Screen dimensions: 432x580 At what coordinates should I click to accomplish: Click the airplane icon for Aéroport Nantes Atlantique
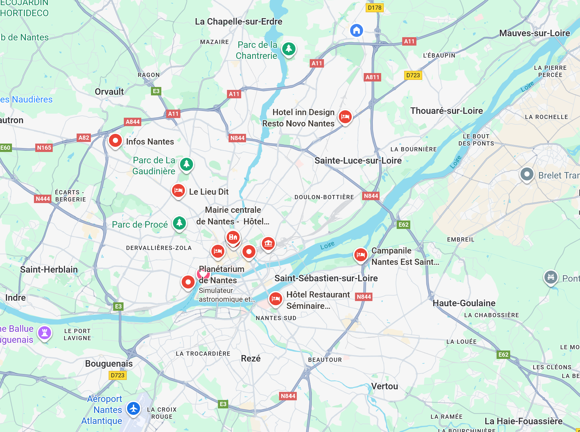coord(133,408)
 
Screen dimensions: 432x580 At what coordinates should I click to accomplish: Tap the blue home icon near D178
coord(356,31)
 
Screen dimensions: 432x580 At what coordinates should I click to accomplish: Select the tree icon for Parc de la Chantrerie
coord(288,49)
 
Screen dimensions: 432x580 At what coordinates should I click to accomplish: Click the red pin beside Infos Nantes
coord(115,141)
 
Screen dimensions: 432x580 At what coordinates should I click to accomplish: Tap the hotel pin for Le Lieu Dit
coord(178,190)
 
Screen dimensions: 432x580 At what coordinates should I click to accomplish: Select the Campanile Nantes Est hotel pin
coord(360,255)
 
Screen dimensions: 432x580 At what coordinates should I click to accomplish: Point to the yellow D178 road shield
coord(374,8)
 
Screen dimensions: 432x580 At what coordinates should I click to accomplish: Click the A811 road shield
coord(372,77)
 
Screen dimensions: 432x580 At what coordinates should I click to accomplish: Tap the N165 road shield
coord(44,148)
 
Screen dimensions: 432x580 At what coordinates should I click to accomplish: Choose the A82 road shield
coord(84,138)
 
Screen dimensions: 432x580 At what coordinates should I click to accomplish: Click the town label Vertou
coord(384,386)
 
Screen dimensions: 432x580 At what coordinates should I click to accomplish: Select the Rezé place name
coord(251,359)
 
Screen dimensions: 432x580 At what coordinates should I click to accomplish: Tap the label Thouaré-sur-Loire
coord(446,111)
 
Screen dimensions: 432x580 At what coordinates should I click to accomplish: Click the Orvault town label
coord(109,92)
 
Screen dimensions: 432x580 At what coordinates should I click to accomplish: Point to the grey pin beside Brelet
coord(527,174)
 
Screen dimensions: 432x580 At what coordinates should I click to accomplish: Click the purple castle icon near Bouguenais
coord(45,332)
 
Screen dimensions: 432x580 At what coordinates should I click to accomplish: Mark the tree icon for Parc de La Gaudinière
coord(187,164)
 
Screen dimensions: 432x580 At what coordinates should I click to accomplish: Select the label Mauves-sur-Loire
coord(534,33)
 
